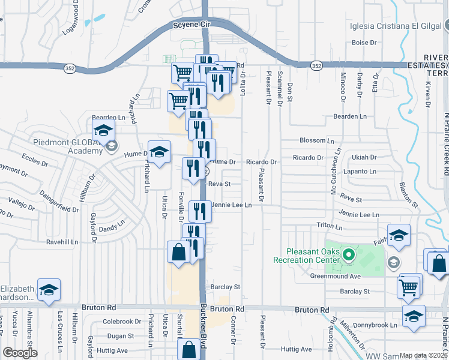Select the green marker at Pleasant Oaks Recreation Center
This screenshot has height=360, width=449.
348,256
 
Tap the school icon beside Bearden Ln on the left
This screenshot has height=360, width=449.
104,130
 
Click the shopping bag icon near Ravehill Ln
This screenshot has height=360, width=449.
179,252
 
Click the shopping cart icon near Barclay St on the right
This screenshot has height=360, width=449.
409,286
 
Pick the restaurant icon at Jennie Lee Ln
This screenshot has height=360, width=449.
200,211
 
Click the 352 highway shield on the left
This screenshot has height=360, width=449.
68,68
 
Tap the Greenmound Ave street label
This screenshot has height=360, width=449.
335,277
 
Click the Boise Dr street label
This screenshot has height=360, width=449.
364,43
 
